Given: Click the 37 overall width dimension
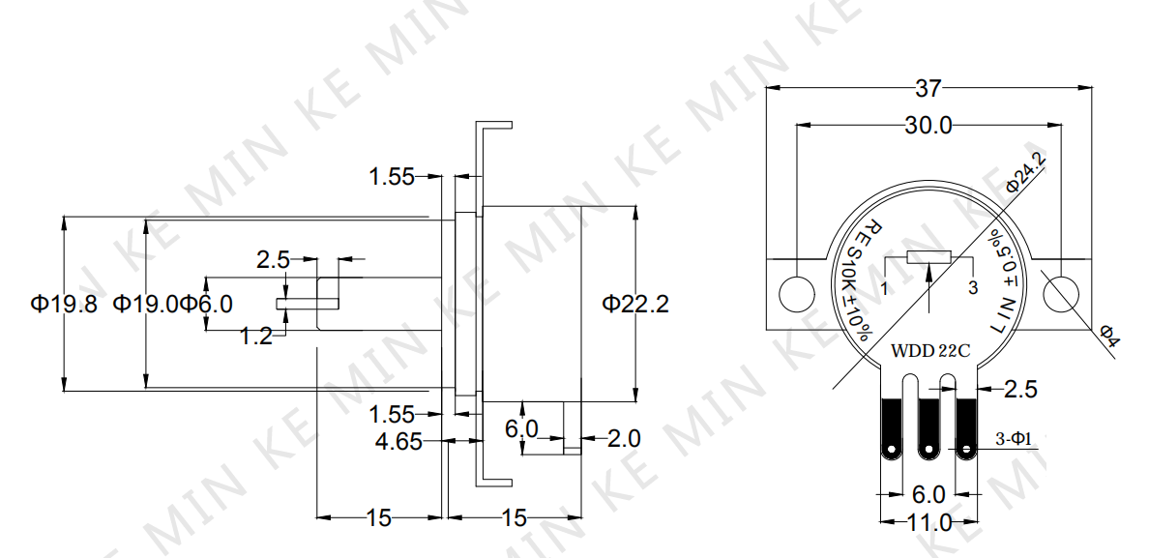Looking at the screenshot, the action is point(927,89).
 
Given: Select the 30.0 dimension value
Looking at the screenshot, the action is point(928,126).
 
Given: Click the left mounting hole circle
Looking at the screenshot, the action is point(797,294).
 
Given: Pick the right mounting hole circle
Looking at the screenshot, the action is point(1060,294).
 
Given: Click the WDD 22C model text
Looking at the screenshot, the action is point(929,351).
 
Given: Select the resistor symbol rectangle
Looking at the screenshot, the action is point(929,256).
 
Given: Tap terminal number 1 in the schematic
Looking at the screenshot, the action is point(884,288).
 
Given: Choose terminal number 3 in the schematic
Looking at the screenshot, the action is point(973,288).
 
